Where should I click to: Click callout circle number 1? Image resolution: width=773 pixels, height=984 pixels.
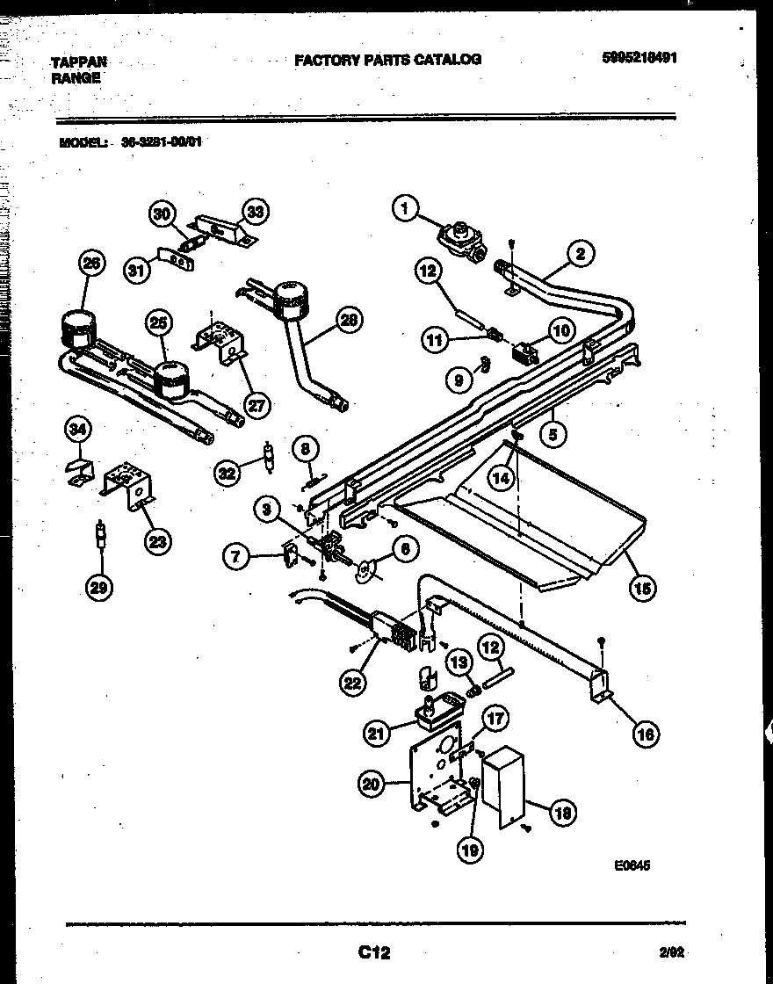point(404,208)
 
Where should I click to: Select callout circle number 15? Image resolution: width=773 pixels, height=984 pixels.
point(643,588)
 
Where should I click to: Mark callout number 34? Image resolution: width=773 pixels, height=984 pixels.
point(78,430)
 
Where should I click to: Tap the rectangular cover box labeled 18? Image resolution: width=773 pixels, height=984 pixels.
point(503,785)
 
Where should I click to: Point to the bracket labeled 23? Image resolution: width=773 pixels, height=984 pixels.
point(127,484)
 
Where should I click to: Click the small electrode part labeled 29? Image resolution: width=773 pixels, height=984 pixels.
point(100,534)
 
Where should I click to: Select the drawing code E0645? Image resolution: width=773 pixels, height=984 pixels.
point(632,865)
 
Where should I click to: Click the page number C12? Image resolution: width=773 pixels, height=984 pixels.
point(374,951)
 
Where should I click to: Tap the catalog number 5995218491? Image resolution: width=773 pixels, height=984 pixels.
point(639,59)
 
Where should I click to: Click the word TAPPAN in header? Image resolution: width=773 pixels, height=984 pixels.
point(79,61)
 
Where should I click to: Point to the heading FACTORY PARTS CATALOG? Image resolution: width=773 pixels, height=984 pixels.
point(387,60)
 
